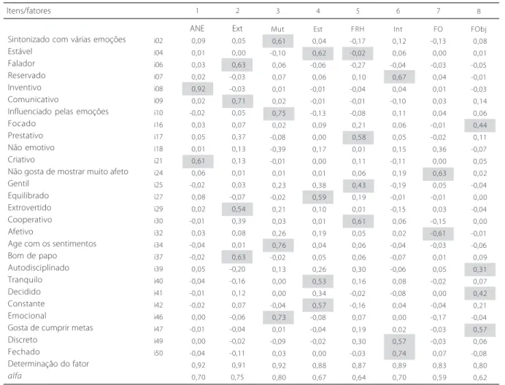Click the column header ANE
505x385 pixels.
(197, 28)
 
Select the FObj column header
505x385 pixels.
(479, 29)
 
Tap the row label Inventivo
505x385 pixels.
(25, 87)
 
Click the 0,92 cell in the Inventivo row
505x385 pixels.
(198, 89)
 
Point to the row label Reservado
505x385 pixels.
(27, 76)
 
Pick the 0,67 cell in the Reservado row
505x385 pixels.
(399, 77)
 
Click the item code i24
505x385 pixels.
(158, 174)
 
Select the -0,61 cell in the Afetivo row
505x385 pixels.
(438, 233)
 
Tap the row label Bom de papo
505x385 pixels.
(32, 256)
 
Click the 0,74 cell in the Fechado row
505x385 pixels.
(399, 354)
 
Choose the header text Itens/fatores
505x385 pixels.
(28, 11)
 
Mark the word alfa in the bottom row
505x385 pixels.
(15, 376)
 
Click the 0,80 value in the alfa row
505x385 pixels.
(279, 377)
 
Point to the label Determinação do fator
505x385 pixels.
(48, 364)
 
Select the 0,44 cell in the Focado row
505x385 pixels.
(480, 125)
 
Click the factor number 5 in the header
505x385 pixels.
(358, 11)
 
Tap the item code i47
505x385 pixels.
(158, 330)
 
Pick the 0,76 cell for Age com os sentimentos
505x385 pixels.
(278, 246)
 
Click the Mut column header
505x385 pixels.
(277, 29)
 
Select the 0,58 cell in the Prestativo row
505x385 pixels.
(358, 138)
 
